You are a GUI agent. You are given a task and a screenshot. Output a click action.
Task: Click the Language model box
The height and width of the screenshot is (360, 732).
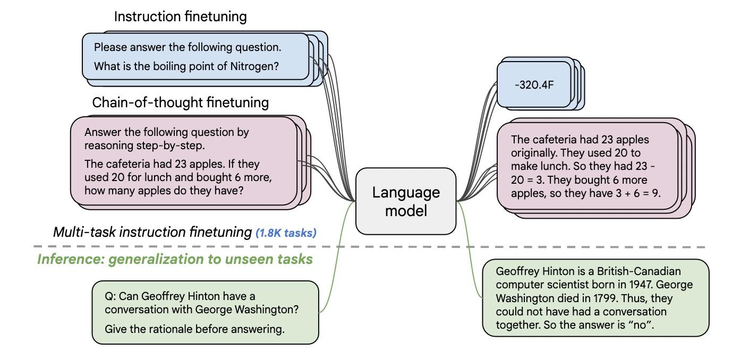point(406,201)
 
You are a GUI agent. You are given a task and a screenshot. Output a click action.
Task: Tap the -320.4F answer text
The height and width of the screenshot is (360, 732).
point(534,85)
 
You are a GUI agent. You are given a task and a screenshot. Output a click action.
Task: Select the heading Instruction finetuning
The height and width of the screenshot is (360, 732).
point(181,16)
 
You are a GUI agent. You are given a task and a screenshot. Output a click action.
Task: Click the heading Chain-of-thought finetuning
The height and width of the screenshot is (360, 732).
point(181,102)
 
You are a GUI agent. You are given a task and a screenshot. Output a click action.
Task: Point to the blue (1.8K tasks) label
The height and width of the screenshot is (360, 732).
point(286,233)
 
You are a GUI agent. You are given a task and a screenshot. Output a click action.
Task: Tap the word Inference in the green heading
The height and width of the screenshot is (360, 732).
point(71,259)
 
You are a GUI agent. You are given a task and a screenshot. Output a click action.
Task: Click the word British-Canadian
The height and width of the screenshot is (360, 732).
point(639,271)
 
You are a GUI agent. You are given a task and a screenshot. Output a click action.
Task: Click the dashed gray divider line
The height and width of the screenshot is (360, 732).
point(369,247)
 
